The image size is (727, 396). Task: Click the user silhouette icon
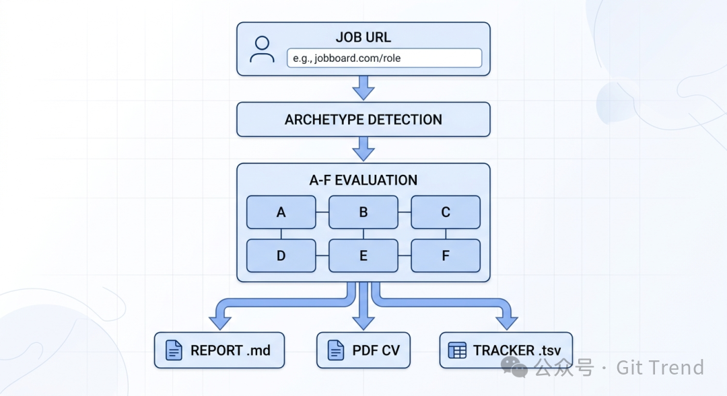tap(262, 50)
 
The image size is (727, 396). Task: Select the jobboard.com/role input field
tap(384, 58)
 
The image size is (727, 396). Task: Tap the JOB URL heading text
tap(363, 36)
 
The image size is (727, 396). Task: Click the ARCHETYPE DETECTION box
tap(363, 120)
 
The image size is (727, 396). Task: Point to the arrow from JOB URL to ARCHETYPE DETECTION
tap(363, 87)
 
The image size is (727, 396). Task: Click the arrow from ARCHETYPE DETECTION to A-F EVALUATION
tap(363, 148)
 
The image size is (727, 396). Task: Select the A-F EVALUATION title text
tap(363, 180)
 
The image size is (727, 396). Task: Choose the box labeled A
tap(281, 212)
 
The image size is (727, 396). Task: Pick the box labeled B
tap(363, 212)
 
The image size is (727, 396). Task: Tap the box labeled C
tap(446, 212)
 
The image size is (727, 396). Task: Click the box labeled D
tap(281, 255)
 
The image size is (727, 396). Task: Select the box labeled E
tap(363, 255)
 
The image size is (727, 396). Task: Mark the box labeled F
tap(446, 255)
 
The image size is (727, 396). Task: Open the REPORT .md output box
tap(219, 350)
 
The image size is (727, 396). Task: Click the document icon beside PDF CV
tap(335, 350)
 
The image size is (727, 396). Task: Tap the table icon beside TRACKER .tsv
tap(458, 350)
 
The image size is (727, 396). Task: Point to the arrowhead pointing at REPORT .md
tap(220, 321)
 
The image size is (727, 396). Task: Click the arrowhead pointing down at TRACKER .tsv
tap(506, 321)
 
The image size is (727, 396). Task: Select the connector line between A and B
tap(322, 212)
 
